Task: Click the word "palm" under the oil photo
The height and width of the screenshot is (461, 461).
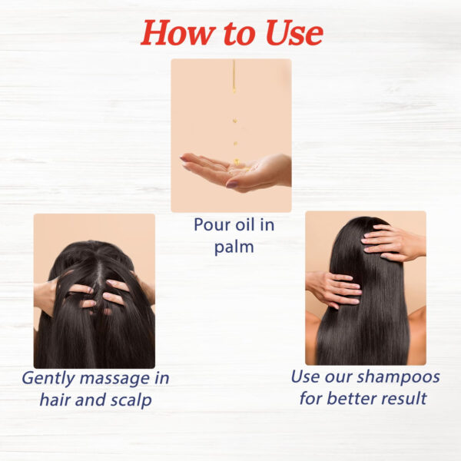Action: tap(234, 247)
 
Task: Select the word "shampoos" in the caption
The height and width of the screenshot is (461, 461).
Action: tap(398, 377)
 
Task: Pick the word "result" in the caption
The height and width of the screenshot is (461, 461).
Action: tap(404, 399)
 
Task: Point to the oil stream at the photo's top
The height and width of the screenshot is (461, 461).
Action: tap(234, 75)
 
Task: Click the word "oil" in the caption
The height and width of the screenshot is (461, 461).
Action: tap(246, 225)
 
